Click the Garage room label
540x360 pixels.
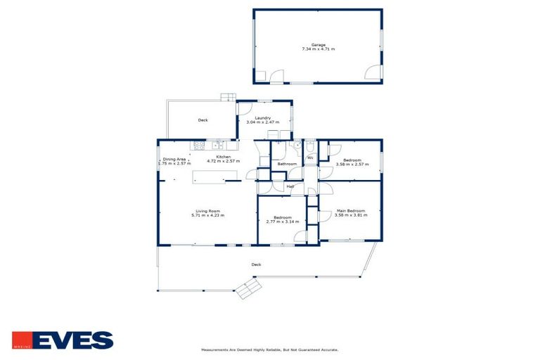[318, 45]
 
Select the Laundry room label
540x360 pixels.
[263, 118]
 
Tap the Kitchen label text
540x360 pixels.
[223, 157]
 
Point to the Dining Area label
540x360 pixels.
[174, 160]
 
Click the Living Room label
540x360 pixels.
[207, 211]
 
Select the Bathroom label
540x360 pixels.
[285, 164]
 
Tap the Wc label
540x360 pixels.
[310, 157]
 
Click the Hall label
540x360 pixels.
[290, 186]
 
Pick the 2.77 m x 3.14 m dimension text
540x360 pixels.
[282, 221]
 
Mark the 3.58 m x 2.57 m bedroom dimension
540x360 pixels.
[349, 165]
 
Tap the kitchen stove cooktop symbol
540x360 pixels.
[200, 146]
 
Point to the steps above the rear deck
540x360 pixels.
[226, 98]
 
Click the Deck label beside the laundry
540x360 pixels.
[202, 120]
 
